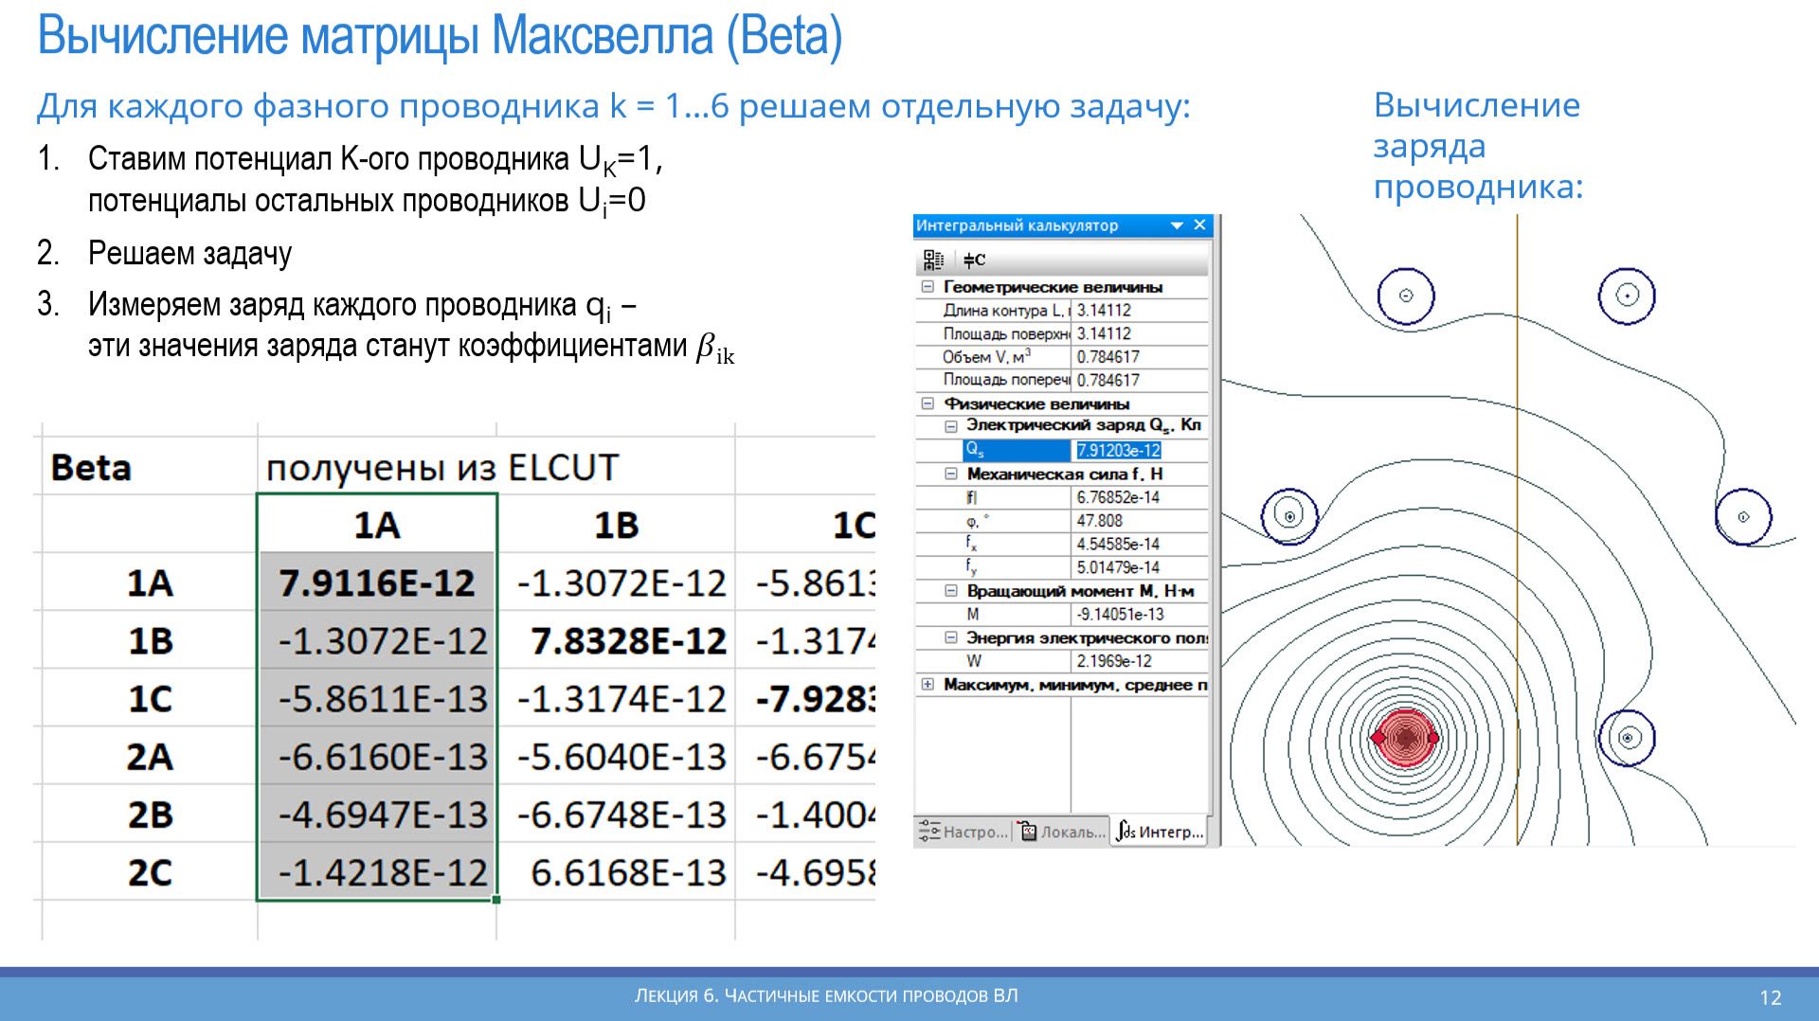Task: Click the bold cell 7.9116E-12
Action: pyautogui.click(x=377, y=582)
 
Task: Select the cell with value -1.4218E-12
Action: pyautogui.click(x=383, y=872)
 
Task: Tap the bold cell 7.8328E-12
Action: pyautogui.click(x=627, y=641)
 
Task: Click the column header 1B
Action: pyautogui.click(x=616, y=526)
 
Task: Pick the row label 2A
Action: pyautogui.click(x=150, y=757)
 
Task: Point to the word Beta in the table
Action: pyautogui.click(x=91, y=468)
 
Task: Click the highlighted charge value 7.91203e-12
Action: pyautogui.click(x=1118, y=451)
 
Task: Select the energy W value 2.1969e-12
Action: pyautogui.click(x=1114, y=661)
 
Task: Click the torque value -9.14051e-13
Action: pyautogui.click(x=1121, y=615)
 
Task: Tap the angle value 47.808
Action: pyautogui.click(x=1099, y=521)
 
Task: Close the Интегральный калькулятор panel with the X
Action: pyautogui.click(x=1199, y=225)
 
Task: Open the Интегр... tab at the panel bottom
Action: pyautogui.click(x=1161, y=832)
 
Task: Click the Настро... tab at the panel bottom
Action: pyautogui.click(x=964, y=832)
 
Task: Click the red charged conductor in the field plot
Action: pyautogui.click(x=1405, y=737)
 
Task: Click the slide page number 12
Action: pyautogui.click(x=1770, y=997)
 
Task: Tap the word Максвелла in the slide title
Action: pyautogui.click(x=602, y=37)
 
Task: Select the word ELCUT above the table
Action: pyautogui.click(x=564, y=468)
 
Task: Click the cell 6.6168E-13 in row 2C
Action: pyautogui.click(x=627, y=872)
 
